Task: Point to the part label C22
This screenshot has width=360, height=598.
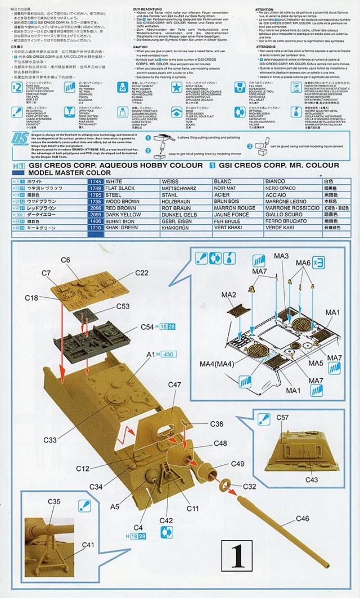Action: [x=142, y=273]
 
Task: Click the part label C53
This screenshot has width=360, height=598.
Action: [x=123, y=306]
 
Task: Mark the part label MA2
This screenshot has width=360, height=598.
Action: [x=229, y=295]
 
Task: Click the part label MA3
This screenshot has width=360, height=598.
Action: [x=281, y=256]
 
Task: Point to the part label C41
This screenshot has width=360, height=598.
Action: [x=88, y=545]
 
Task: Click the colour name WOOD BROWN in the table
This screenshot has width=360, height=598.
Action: [x=122, y=201]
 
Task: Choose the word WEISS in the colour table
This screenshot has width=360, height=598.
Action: [x=170, y=182]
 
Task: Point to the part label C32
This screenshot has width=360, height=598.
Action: [x=250, y=486]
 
